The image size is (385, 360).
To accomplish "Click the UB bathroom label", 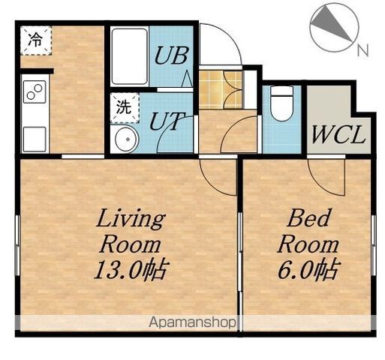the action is pyautogui.click(x=171, y=55).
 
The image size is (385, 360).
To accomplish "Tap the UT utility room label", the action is pyautogui.click(x=167, y=121).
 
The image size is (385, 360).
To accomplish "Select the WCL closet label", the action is pyautogui.click(x=338, y=134).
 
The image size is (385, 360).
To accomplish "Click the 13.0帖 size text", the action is pyautogui.click(x=130, y=269).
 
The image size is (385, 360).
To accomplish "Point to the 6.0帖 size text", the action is pyautogui.click(x=309, y=269).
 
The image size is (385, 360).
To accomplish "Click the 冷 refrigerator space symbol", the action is pyautogui.click(x=36, y=40).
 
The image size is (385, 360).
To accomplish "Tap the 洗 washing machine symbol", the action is pyautogui.click(x=125, y=108).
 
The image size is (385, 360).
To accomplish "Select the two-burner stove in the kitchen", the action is pyautogui.click(x=35, y=91).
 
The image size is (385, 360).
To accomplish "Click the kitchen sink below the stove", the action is pyautogui.click(x=35, y=139).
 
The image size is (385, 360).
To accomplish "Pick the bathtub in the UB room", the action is pyautogui.click(x=130, y=56).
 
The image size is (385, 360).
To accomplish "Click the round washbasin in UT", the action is pyautogui.click(x=127, y=139).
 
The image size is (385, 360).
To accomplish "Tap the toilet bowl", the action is pyautogui.click(x=282, y=103).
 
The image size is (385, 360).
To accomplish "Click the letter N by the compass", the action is pyautogui.click(x=362, y=50).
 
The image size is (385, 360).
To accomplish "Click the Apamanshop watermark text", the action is pyautogui.click(x=192, y=322).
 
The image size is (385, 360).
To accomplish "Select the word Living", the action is pyautogui.click(x=131, y=219).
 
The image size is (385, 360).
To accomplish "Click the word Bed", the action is pyautogui.click(x=308, y=218).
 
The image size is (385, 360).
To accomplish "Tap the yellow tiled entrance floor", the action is pyautogui.click(x=220, y=90).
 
